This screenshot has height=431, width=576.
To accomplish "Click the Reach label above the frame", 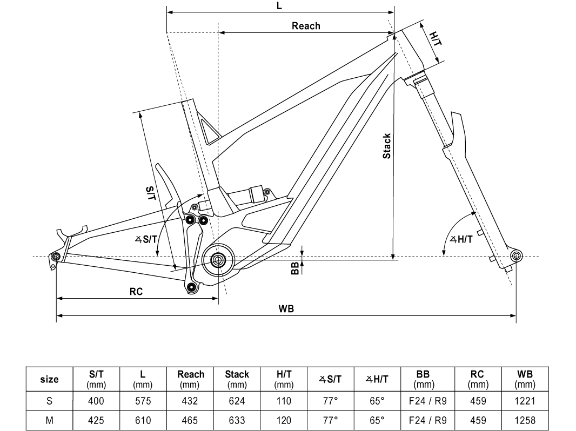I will [306, 26].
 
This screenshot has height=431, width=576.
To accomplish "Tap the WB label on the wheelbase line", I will [286, 309].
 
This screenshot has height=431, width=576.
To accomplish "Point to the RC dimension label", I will [136, 292].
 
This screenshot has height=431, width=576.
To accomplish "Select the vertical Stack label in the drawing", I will [387, 146].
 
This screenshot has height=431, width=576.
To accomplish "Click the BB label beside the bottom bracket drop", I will [295, 268].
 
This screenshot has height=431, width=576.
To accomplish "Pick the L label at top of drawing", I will [279, 5].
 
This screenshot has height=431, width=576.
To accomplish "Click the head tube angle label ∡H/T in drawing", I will [461, 239].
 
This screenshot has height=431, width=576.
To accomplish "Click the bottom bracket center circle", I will [218, 260].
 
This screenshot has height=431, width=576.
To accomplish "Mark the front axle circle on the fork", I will [516, 255].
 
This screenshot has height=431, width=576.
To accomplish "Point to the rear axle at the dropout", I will [56, 256].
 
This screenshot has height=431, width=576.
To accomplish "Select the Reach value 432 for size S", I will [191, 401].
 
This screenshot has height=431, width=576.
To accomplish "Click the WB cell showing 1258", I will [525, 420].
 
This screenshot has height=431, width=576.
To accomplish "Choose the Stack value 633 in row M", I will [237, 420].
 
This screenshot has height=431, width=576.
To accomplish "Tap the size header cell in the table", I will [50, 379].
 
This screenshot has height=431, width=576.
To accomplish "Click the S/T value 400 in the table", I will [96, 401].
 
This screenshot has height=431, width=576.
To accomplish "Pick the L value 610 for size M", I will [143, 420].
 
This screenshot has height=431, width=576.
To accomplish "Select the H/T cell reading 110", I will [283, 401].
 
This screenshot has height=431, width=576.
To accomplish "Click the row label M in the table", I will [50, 420].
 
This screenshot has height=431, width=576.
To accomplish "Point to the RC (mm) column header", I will [478, 379].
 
